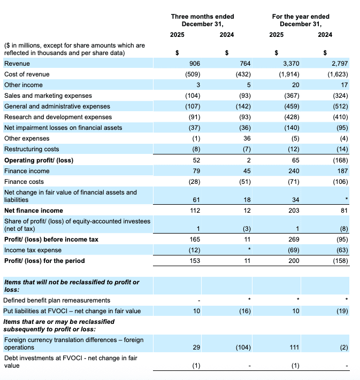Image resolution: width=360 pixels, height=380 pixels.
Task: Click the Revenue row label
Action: (x=17, y=64)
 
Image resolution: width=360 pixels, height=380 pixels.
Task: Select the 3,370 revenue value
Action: (x=290, y=64)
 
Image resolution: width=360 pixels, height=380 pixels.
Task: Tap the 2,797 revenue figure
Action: (x=340, y=64)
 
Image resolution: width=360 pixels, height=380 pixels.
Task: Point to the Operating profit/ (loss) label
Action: (x=39, y=160)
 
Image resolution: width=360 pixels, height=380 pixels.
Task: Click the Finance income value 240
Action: (x=294, y=171)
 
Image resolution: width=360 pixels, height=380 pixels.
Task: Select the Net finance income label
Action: (x=33, y=211)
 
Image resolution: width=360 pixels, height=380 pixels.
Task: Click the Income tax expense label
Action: (x=33, y=250)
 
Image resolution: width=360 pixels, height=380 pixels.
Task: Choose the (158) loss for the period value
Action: (x=340, y=261)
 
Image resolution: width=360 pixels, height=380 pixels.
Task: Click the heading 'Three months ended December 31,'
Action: (x=202, y=20)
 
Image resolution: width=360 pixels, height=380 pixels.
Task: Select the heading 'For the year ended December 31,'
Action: (x=301, y=20)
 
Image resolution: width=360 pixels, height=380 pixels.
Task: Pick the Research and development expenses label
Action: (x=58, y=117)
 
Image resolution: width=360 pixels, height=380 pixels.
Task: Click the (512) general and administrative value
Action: (x=340, y=106)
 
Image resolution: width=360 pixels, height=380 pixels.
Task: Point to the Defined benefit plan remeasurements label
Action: (x=57, y=300)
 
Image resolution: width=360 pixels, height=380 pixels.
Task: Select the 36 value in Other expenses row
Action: (x=247, y=138)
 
